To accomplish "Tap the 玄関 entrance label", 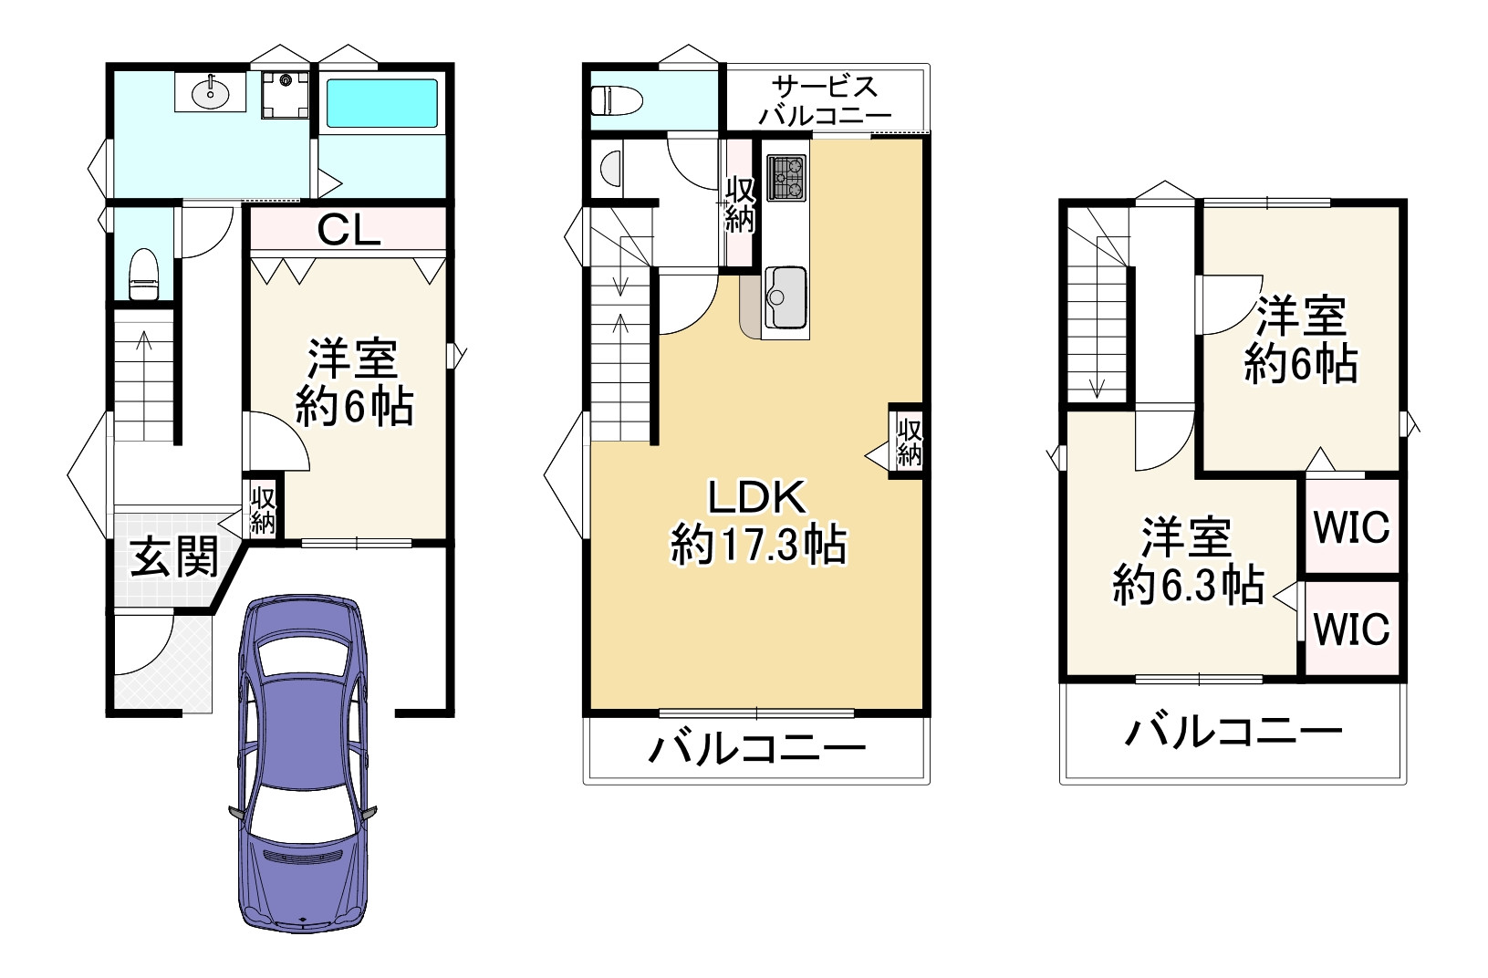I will [172, 557].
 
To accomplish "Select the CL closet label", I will [348, 231].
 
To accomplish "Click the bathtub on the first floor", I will [382, 102].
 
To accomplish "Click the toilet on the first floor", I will [142, 273].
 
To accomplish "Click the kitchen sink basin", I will [786, 296].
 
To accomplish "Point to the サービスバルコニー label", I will [824, 101].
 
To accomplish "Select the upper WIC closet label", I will [1351, 528].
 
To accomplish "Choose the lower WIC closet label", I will [1351, 629].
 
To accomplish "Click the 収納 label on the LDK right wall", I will [909, 442].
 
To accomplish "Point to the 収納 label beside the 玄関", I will [264, 509].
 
